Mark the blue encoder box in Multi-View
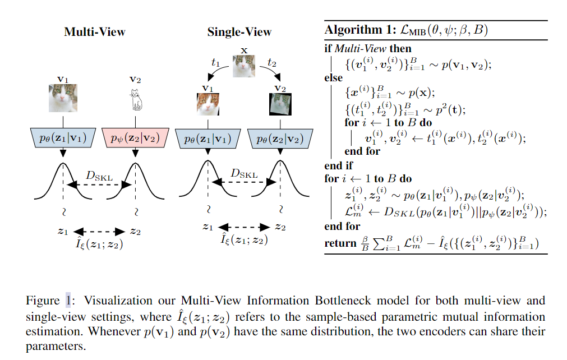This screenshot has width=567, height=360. click(63, 137)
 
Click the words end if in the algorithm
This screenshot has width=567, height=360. click(339, 165)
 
